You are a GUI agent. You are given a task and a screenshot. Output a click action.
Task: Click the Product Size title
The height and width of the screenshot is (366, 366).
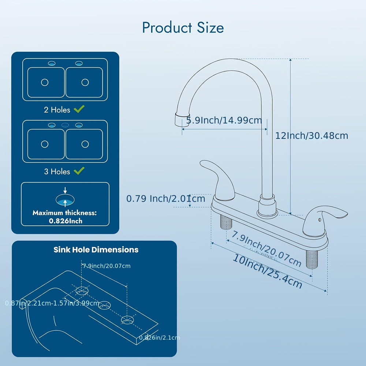pyautogui.click(x=183, y=28)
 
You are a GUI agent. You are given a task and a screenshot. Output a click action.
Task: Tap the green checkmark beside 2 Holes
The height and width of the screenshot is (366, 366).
pyautogui.click(x=79, y=109)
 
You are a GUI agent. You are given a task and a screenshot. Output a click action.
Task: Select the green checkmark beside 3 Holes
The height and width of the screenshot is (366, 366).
pyautogui.click(x=79, y=171)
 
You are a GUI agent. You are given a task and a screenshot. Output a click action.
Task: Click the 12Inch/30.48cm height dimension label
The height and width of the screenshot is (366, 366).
pyautogui.click(x=311, y=135)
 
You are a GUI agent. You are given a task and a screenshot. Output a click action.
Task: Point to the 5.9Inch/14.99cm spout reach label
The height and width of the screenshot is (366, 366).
pyautogui.click(x=224, y=120)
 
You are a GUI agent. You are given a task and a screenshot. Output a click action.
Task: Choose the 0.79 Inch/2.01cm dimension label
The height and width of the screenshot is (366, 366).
pyautogui.click(x=166, y=199)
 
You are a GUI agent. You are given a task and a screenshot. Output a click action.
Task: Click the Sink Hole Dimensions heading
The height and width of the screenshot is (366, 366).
pyautogui.click(x=96, y=250)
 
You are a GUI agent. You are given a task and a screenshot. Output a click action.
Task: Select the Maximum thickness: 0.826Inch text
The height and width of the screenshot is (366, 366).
pyautogui.click(x=65, y=217)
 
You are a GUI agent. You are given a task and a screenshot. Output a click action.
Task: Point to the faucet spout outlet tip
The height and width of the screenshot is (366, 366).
pyautogui.click(x=179, y=120)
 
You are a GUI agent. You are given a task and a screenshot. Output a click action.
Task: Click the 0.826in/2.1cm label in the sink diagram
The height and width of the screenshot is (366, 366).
pyautogui.click(x=159, y=338)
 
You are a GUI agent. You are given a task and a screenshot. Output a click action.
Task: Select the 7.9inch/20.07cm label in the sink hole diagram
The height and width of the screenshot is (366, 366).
pyautogui.click(x=107, y=266)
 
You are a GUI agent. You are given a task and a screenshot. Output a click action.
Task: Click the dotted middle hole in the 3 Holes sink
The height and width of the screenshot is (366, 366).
pyautogui.click(x=65, y=125)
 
